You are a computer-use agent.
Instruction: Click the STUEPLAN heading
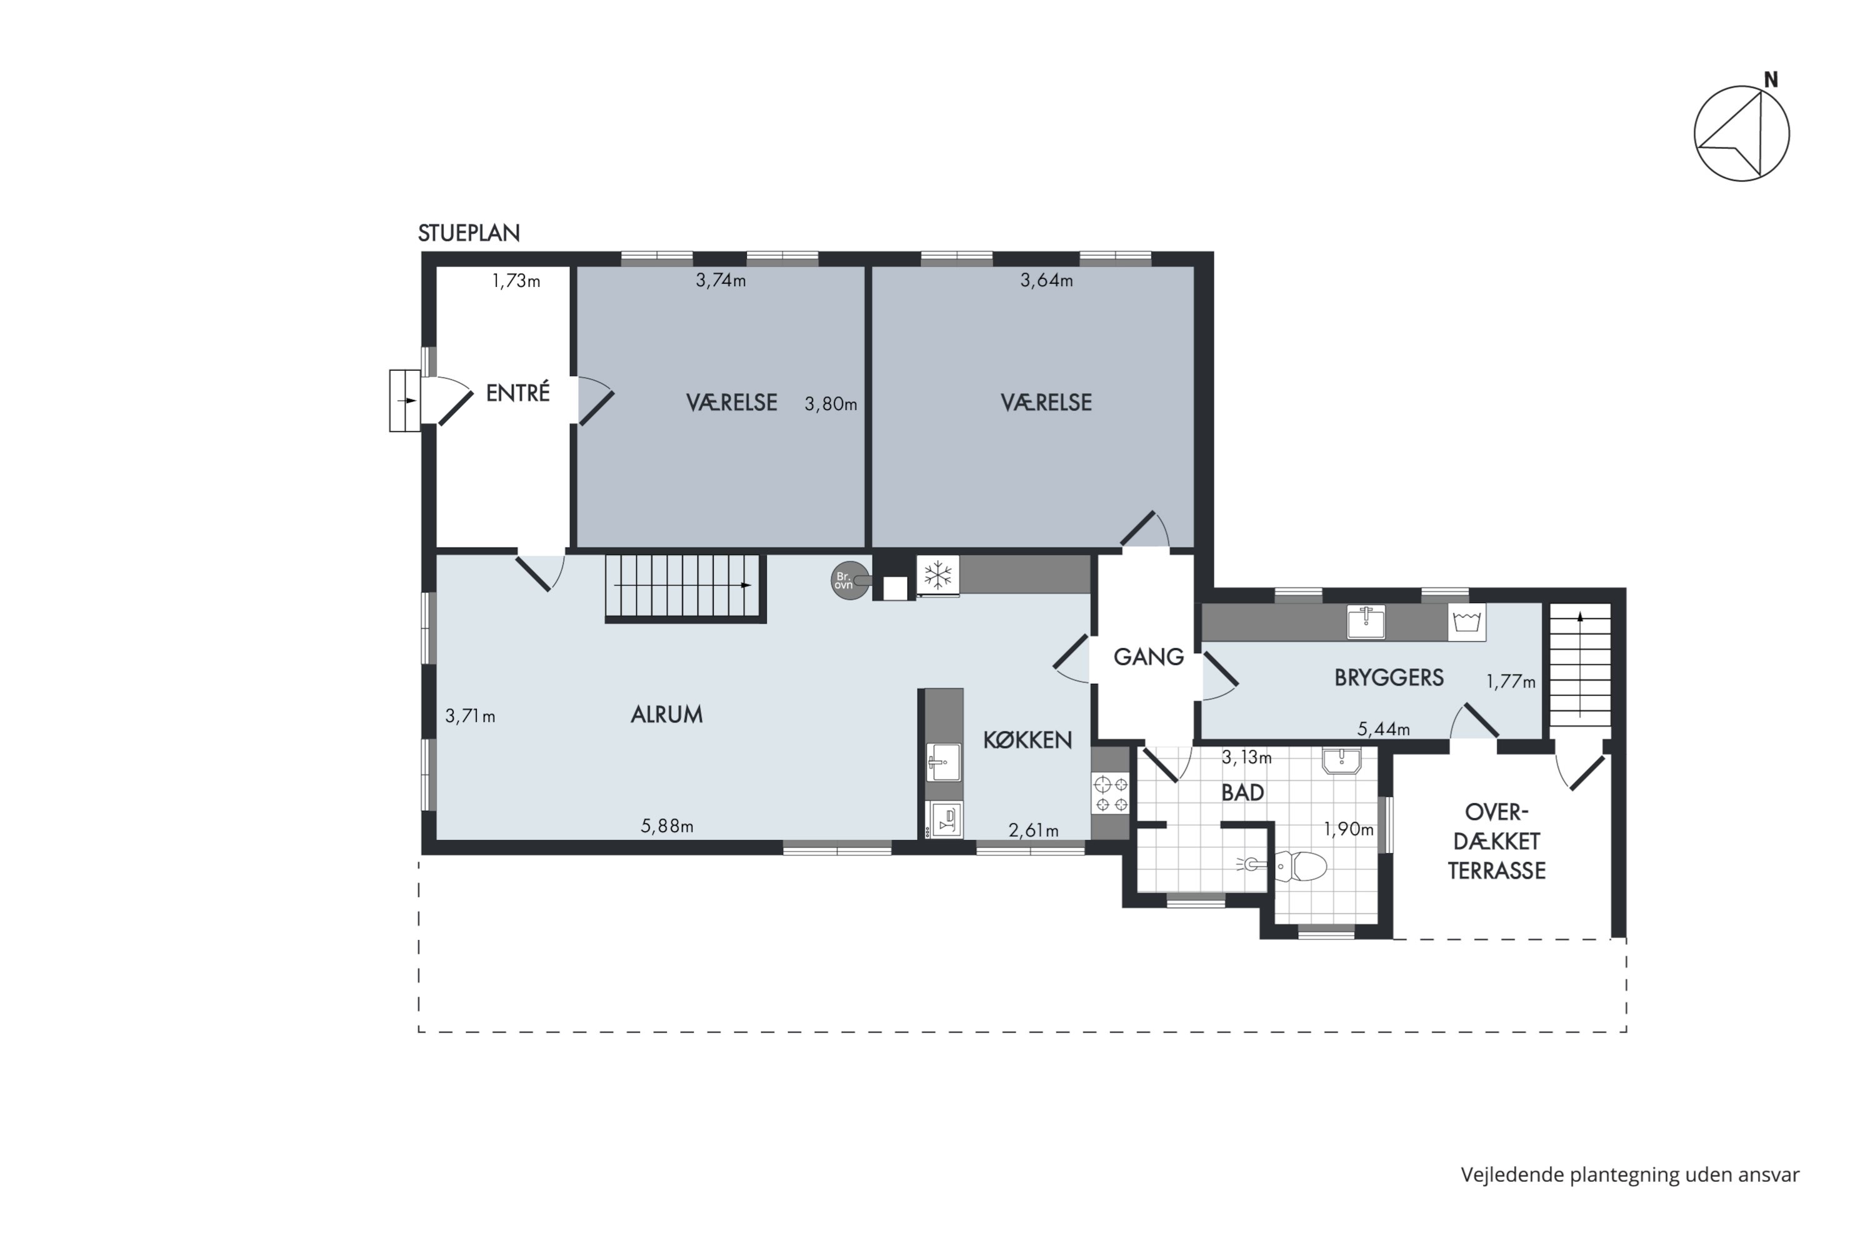[469, 232]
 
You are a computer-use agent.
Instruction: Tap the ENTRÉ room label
[518, 392]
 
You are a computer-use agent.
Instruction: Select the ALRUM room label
[666, 714]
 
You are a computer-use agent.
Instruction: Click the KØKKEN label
[1027, 740]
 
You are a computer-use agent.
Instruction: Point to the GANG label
[1148, 657]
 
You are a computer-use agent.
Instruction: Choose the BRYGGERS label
[1389, 677]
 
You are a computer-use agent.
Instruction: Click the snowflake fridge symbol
[937, 575]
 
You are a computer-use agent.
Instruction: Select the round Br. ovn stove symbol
[849, 581]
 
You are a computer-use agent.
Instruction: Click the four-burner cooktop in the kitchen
[1111, 794]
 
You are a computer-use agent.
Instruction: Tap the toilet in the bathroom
[1298, 866]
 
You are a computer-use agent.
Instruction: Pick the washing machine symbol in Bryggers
[1467, 622]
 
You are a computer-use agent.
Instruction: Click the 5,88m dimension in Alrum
[667, 826]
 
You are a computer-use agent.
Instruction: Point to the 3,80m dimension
[831, 404]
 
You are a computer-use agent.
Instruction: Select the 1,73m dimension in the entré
[516, 281]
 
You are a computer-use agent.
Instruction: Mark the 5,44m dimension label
[1384, 729]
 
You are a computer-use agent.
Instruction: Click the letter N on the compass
[1771, 80]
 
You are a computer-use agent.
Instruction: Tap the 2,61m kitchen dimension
[1033, 831]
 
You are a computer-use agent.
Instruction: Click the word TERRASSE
[1496, 871]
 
